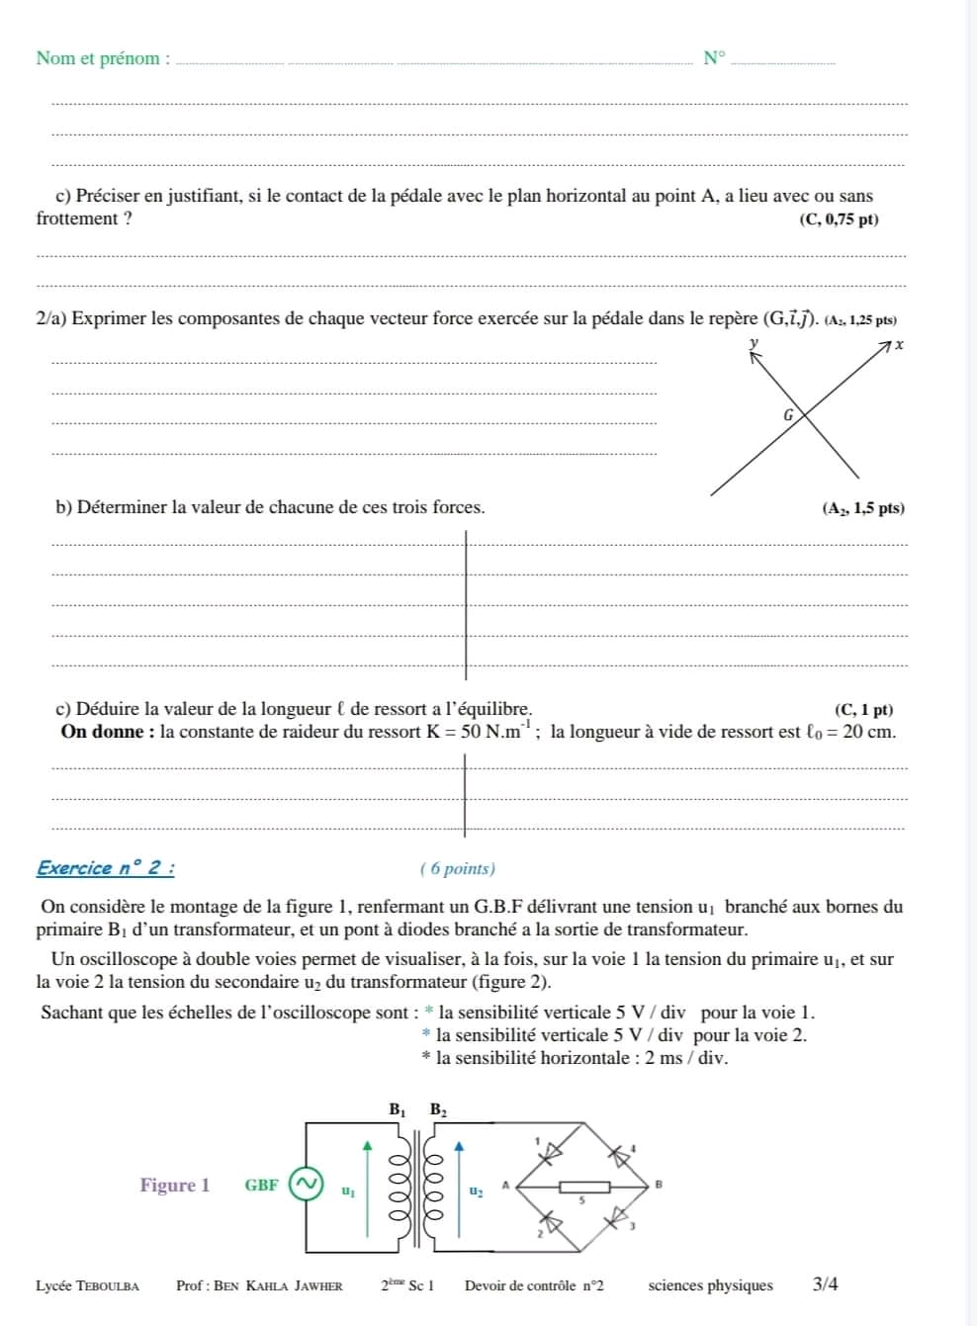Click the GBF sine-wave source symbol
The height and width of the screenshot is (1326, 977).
[307, 1184]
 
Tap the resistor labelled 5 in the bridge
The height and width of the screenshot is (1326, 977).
[583, 1188]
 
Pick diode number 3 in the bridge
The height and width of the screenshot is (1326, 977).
[618, 1215]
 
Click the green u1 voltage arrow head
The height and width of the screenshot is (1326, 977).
[368, 1146]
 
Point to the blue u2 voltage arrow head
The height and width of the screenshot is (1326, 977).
[458, 1146]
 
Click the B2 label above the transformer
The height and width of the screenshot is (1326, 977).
[438, 1110]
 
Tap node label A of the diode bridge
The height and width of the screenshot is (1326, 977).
[505, 1183]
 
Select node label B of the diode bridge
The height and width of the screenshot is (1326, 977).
[658, 1183]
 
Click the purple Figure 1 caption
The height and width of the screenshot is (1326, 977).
[175, 1185]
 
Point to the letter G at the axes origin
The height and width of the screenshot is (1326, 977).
[788, 416]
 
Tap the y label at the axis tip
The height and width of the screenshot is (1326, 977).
[754, 342]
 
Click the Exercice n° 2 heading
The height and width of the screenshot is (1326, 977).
[106, 869]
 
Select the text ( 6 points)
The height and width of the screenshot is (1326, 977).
[458, 869]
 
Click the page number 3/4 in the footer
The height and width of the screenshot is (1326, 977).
[826, 1285]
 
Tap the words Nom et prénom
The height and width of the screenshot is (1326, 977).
[98, 58]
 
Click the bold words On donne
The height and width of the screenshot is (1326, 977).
[107, 733]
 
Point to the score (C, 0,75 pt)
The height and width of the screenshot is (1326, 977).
[839, 220]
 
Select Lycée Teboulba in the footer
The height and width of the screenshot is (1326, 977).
[87, 1286]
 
